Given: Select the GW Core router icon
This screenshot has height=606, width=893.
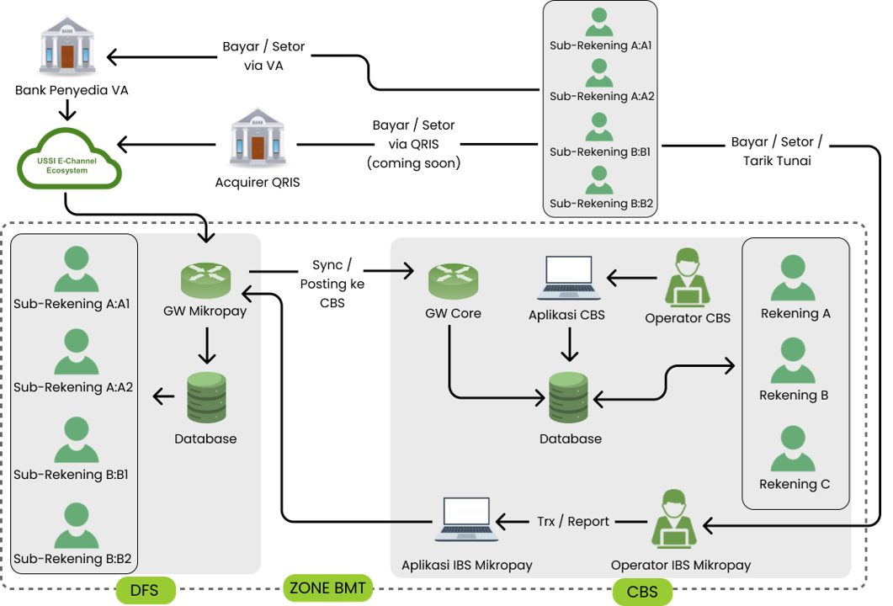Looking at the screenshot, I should [453, 280].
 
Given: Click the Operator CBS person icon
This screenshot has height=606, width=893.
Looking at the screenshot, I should [688, 277].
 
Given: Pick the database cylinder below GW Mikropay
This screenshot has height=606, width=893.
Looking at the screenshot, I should [206, 397].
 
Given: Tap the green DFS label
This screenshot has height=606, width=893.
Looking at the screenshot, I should [146, 591].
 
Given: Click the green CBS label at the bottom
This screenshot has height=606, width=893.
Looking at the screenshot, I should [643, 592].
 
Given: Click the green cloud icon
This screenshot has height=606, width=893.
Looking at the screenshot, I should [68, 159].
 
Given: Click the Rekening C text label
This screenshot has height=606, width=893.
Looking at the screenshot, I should [795, 484].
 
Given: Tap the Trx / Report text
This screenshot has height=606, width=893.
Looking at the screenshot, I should [573, 522].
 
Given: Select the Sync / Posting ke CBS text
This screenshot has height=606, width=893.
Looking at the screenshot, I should [332, 284].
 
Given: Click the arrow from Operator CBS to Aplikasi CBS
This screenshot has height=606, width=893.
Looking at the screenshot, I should [632, 278].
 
